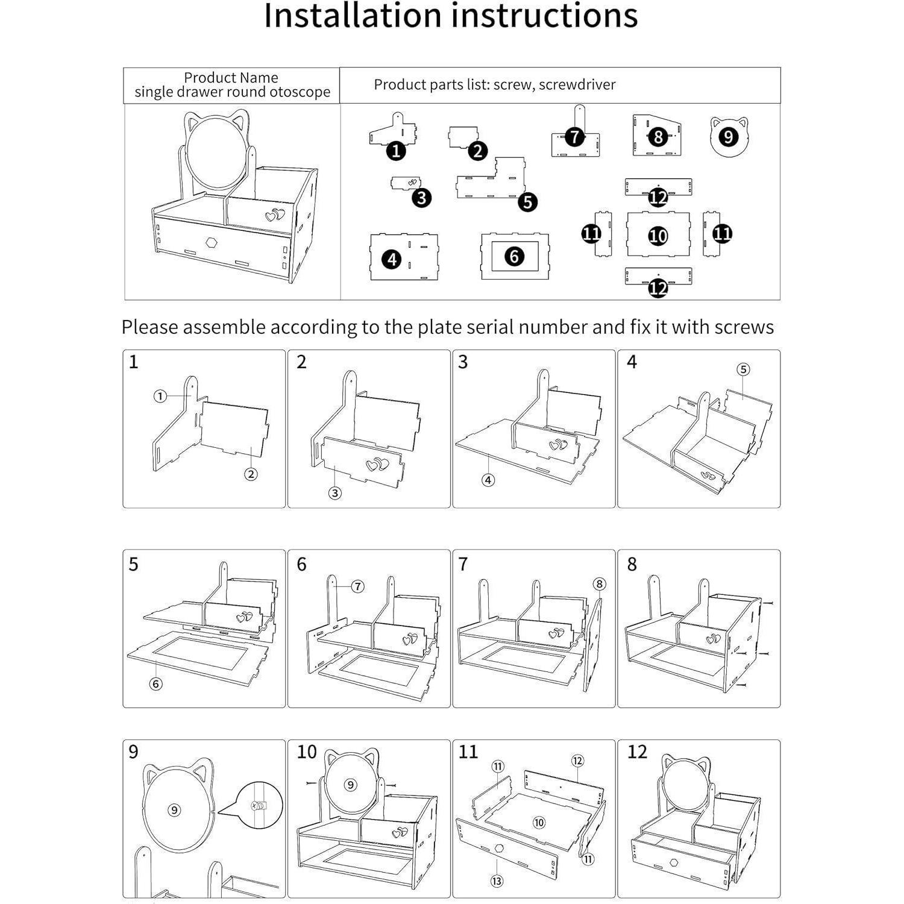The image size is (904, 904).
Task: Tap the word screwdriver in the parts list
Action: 577,85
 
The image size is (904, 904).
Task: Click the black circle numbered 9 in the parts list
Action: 728,137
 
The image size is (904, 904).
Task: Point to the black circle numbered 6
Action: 514,256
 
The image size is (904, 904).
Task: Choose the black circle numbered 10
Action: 658,236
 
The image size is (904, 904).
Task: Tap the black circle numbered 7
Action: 575,137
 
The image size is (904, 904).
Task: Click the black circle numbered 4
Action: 392,260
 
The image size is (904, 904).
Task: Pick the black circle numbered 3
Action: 422,198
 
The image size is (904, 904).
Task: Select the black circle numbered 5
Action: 527,202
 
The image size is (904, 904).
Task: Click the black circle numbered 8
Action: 658,137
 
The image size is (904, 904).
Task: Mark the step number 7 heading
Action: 463,564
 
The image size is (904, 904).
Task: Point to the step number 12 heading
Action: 637,752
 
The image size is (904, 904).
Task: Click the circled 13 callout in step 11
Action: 497,881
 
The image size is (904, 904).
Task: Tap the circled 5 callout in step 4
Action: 743,369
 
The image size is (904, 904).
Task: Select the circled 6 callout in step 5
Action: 156,684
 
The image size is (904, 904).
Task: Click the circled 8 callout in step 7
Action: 599,584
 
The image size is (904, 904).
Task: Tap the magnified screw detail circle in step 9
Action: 259,805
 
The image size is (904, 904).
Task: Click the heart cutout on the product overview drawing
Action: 275,215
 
